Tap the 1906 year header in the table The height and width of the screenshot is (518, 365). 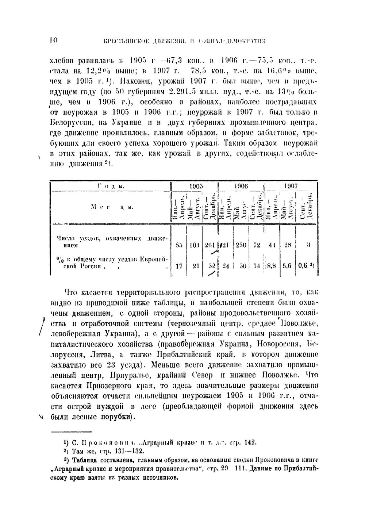coord(241,186)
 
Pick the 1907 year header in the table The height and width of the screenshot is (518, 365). coord(291,186)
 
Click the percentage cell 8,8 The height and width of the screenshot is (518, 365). coord(271,266)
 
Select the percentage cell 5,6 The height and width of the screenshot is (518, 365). coord(287,266)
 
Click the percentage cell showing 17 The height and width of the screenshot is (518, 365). coord(179,266)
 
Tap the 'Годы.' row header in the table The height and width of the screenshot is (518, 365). coord(111,186)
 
